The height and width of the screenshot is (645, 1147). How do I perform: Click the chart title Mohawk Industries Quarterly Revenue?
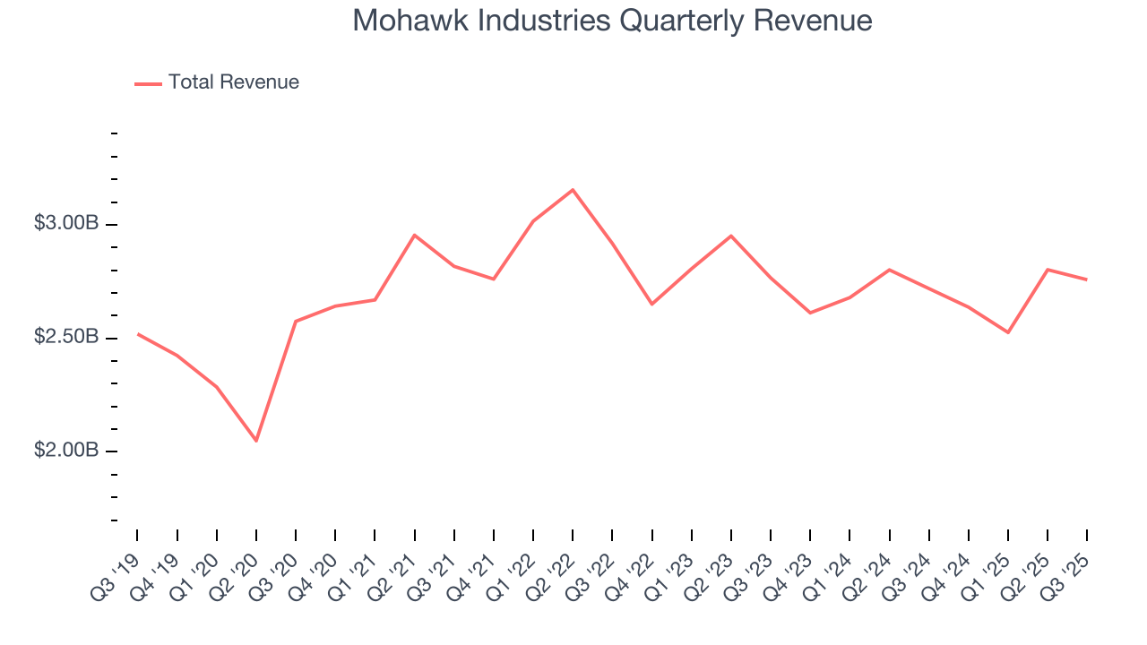click(x=612, y=21)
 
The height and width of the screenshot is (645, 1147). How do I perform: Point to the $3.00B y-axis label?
click(x=66, y=223)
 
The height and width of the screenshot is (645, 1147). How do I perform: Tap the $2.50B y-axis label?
click(x=66, y=337)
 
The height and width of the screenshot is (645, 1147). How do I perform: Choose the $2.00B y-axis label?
click(x=66, y=450)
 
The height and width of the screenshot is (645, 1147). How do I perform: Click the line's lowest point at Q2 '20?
click(x=256, y=441)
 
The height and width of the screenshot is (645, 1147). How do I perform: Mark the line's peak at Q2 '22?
click(x=573, y=190)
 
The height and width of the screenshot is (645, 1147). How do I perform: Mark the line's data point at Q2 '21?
click(x=414, y=235)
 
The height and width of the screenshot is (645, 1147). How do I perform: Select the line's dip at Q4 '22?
click(x=651, y=305)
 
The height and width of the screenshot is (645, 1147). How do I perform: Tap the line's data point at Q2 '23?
click(x=731, y=236)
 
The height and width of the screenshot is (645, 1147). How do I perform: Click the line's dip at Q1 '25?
click(x=1008, y=332)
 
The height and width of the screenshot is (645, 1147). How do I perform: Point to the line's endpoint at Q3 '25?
click(x=1087, y=279)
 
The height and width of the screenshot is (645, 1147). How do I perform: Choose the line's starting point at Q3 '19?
click(x=138, y=334)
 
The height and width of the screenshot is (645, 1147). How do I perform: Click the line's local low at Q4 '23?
click(x=810, y=313)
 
